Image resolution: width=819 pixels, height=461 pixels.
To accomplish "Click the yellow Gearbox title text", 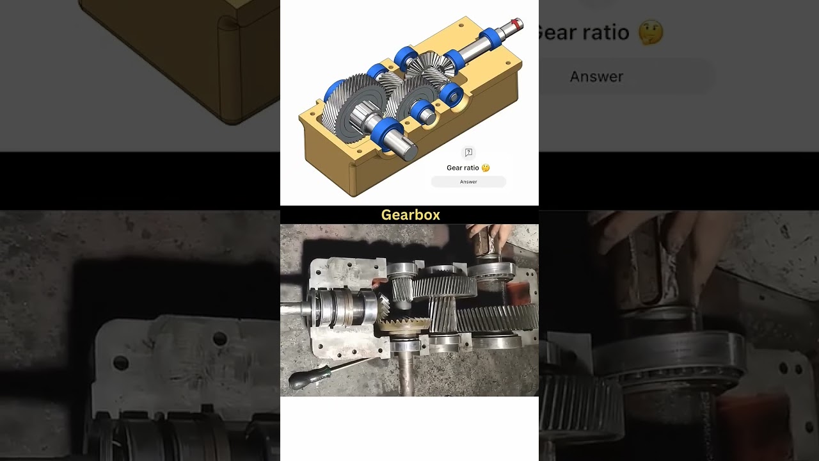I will [x=410, y=215].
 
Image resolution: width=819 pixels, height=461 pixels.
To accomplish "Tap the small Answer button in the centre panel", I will [x=468, y=182].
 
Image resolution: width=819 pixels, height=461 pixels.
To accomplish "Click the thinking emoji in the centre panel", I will [x=486, y=168].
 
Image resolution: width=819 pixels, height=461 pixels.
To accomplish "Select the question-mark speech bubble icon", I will [x=468, y=152].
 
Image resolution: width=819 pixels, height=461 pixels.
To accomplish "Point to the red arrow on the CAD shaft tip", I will [x=515, y=22].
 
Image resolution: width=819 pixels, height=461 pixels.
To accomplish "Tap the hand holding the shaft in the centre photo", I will [x=489, y=238].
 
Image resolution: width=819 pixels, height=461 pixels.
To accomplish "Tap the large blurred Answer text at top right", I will [x=596, y=77].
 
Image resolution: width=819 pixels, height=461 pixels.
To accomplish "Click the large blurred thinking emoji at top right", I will [x=651, y=32].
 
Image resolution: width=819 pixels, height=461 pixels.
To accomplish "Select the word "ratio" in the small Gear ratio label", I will [x=471, y=168].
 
